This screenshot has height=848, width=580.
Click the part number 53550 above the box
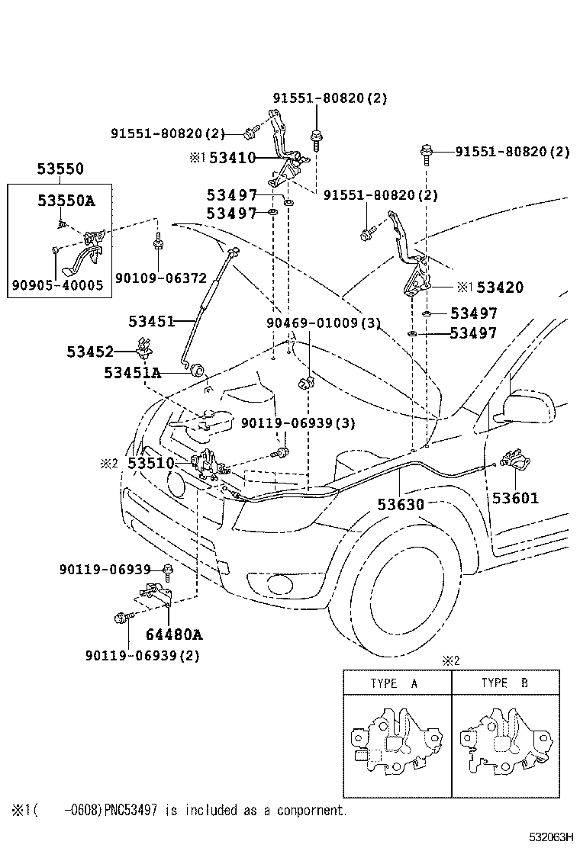[x=61, y=169]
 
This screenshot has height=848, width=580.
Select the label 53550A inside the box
[x=66, y=201]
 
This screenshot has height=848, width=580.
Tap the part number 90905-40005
[x=58, y=286]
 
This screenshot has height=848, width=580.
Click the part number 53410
[x=232, y=158]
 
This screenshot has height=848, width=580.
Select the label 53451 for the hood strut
[x=151, y=321]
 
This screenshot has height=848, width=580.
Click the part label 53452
[x=89, y=352]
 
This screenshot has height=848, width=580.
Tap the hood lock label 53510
[x=150, y=463]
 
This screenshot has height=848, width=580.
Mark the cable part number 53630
[x=400, y=505]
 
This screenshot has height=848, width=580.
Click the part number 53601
[x=514, y=499]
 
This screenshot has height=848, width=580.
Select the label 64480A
[x=175, y=634]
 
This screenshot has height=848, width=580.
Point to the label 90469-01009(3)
[x=323, y=323]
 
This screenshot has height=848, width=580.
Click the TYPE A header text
[x=394, y=683]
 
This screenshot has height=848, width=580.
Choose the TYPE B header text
[x=504, y=683]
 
